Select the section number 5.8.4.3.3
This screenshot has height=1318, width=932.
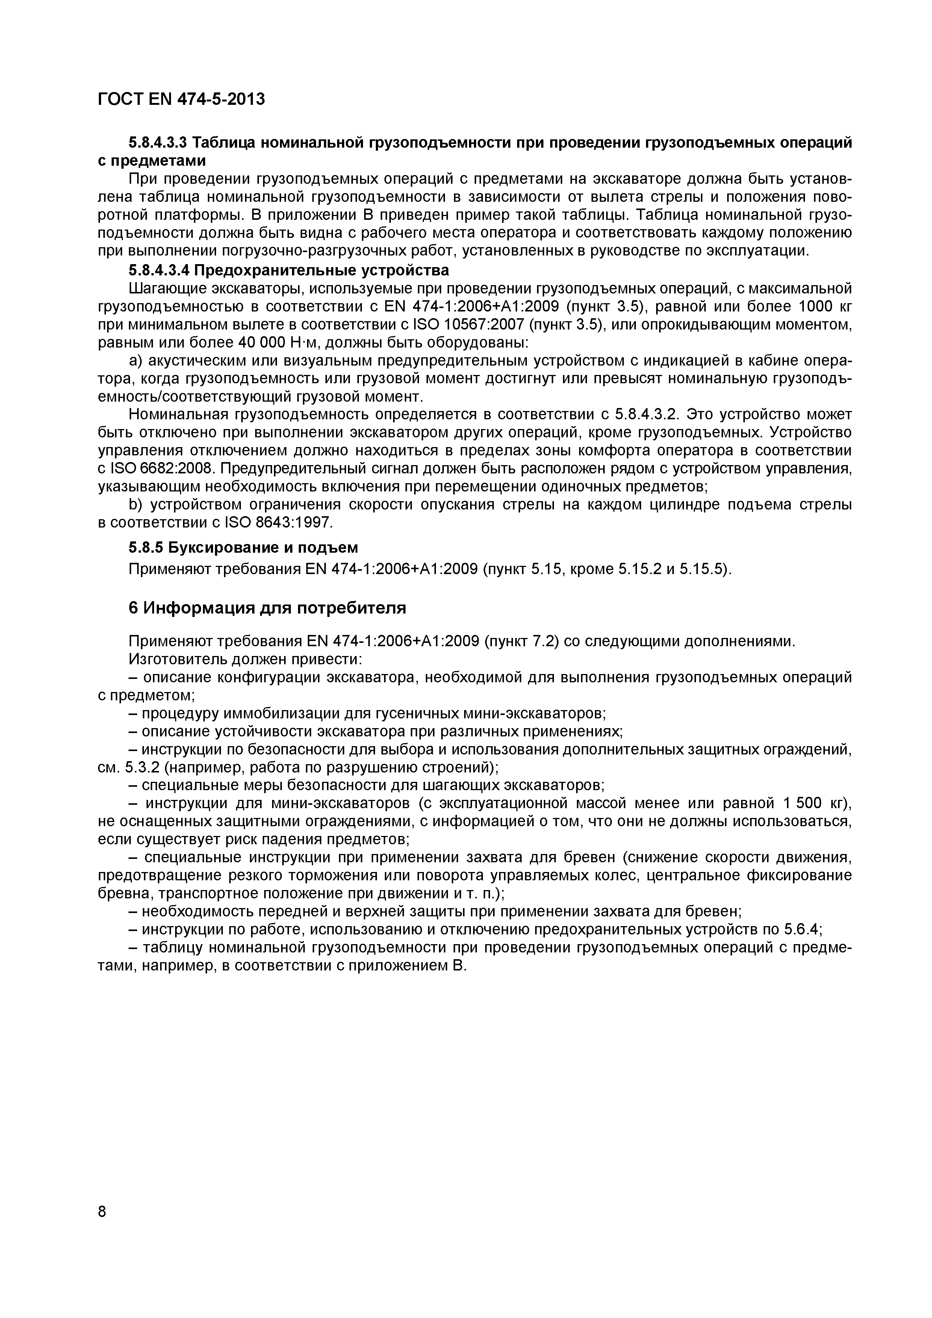159,142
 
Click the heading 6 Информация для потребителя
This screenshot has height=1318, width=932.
267,607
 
